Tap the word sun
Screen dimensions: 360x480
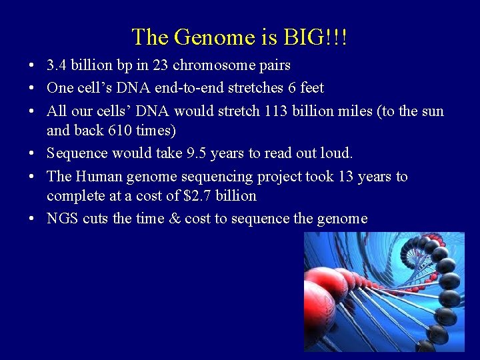pos(432,110)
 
